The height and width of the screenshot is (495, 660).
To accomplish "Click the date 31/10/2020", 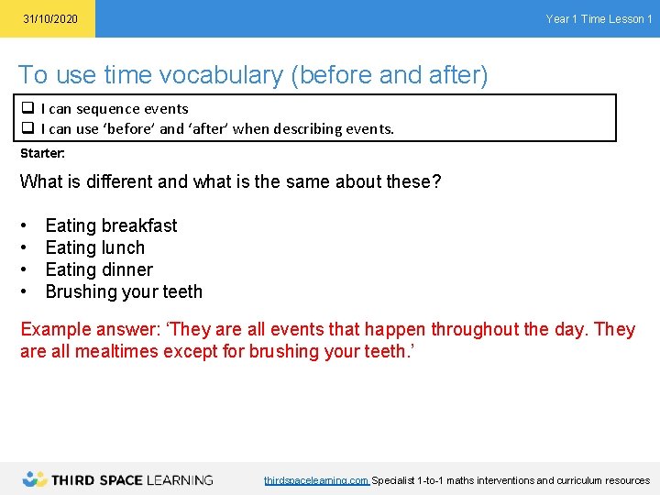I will tap(50, 19).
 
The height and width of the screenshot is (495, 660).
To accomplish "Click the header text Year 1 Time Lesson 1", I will tap(599, 19).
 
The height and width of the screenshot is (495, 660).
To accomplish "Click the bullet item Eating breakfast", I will tap(111, 225).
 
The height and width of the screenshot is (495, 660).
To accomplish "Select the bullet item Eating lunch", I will tap(94, 247).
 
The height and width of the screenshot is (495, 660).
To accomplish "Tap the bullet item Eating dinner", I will tap(99, 269).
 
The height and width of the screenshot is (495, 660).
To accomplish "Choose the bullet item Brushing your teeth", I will tap(124, 291).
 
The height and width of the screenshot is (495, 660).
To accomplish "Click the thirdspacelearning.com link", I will tap(316, 480).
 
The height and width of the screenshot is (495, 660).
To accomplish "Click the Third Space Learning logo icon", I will tap(35, 478).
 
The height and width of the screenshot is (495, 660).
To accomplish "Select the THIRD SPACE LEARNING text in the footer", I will tap(132, 479).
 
